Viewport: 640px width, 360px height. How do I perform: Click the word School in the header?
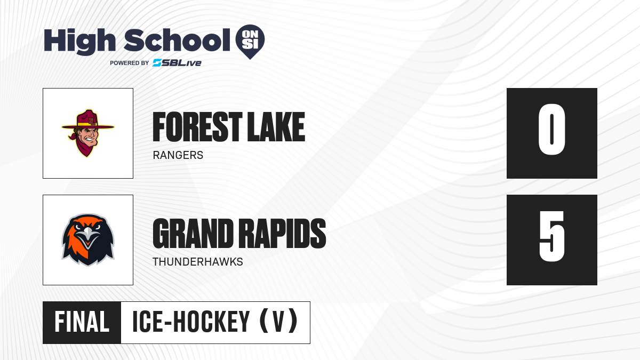(x=177, y=40)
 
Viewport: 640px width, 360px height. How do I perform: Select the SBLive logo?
(x=177, y=63)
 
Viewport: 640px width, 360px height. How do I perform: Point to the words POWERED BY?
(x=130, y=63)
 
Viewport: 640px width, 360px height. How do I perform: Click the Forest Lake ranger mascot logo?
(x=88, y=133)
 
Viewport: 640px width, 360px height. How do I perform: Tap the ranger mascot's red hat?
(x=88, y=120)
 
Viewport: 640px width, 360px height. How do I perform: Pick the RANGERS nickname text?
(x=178, y=155)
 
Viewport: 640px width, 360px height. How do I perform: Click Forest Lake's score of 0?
(x=551, y=129)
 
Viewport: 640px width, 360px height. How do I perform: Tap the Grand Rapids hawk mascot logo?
(x=88, y=240)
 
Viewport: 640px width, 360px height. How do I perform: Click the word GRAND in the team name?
(x=193, y=234)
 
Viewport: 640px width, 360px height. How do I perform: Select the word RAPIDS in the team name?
(x=282, y=234)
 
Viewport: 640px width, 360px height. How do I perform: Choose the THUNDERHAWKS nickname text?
(x=198, y=262)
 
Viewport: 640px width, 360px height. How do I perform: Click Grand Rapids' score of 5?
(x=551, y=236)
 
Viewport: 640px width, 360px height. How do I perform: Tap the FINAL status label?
(x=82, y=322)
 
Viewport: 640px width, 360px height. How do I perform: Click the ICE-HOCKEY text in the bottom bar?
(x=191, y=322)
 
